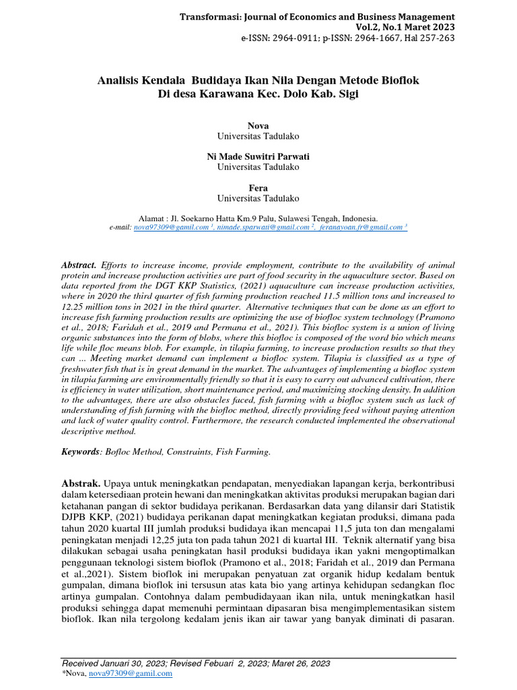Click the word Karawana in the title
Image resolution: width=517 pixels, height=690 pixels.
coord(217,94)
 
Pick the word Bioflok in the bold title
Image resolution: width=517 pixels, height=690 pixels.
coord(402,80)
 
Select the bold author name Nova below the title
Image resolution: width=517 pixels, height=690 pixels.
coord(258,126)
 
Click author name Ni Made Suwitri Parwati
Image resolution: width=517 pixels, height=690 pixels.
coord(258,157)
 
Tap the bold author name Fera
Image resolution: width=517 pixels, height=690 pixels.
coord(258,188)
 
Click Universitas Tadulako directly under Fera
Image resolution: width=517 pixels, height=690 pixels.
coord(258,198)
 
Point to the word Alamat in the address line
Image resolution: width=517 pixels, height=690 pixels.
coord(153,218)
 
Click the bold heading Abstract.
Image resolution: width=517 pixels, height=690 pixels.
coord(79,265)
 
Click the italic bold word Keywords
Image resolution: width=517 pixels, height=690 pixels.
coord(80,452)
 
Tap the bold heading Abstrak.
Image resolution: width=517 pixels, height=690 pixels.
coord(81,484)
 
